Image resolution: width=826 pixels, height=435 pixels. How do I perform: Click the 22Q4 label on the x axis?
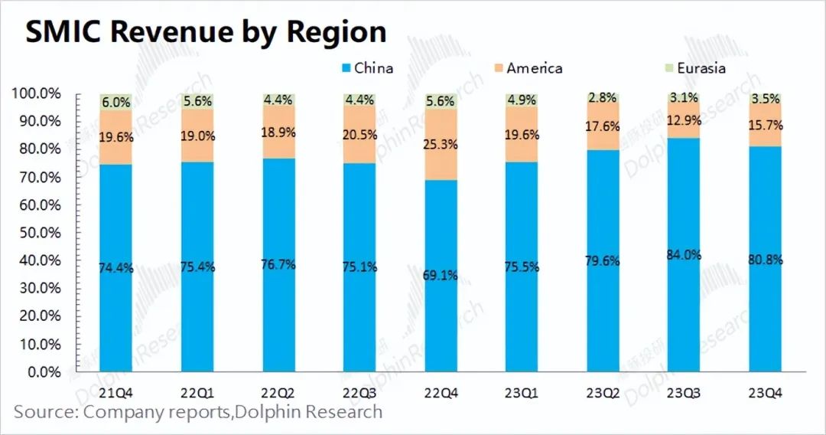click(x=441, y=393)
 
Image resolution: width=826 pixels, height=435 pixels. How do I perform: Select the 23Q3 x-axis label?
click(x=684, y=393)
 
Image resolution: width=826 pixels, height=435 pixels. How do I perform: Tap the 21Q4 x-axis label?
click(x=115, y=393)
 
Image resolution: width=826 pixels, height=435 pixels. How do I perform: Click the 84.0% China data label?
click(x=684, y=256)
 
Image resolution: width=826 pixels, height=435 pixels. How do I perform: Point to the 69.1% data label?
click(x=441, y=276)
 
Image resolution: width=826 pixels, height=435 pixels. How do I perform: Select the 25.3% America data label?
click(x=441, y=142)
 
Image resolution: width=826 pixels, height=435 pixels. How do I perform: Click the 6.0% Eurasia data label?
click(x=115, y=102)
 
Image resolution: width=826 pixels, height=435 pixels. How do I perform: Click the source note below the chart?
click(x=198, y=412)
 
